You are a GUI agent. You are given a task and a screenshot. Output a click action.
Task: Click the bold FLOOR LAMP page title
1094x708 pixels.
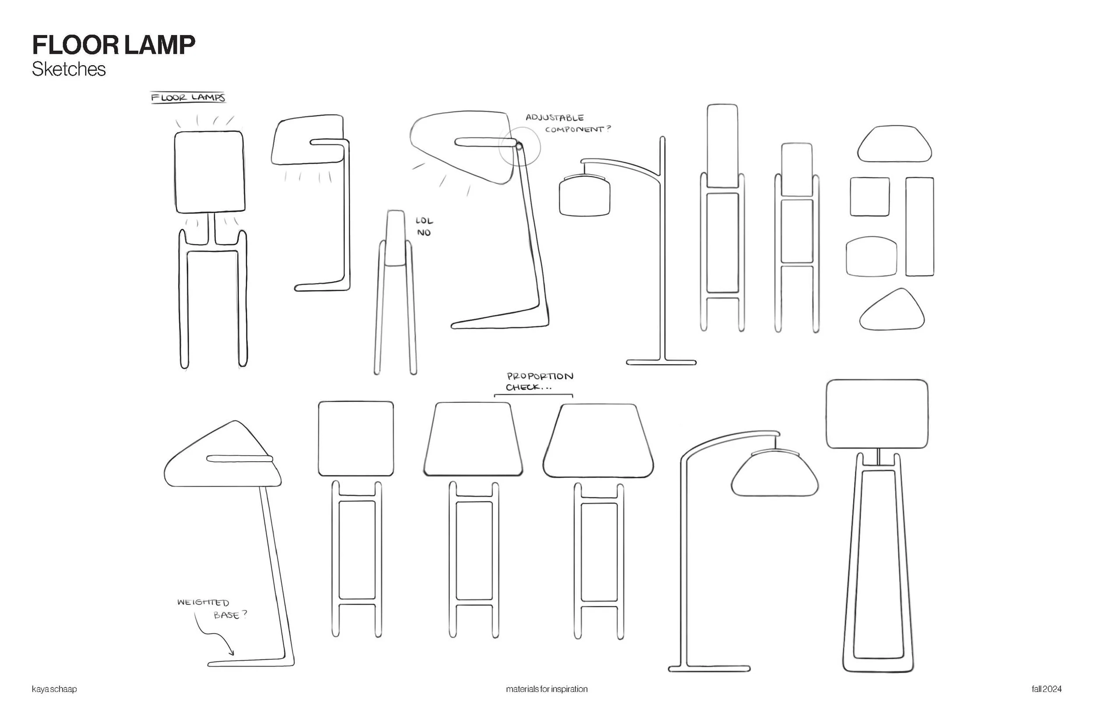113,45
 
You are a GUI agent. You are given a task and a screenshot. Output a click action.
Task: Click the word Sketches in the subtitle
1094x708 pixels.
69,69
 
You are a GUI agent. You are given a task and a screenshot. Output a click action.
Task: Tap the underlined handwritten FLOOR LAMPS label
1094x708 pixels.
188,98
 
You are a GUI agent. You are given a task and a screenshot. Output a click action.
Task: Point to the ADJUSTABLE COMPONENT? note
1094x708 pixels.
568,123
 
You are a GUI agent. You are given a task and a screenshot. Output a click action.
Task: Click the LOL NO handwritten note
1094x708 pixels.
424,227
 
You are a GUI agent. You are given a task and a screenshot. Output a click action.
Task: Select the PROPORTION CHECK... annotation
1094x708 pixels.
539,382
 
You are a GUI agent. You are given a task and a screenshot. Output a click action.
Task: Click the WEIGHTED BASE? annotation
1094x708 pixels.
212,608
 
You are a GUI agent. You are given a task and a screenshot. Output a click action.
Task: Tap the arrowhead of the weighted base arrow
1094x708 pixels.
231,653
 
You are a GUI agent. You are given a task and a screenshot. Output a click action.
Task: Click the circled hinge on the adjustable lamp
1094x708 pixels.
519,147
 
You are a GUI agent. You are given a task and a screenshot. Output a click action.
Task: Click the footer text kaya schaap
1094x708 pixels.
54,689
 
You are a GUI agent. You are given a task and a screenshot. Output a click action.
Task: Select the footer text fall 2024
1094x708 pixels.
1046,689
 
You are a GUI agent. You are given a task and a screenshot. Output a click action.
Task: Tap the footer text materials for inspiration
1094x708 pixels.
547,689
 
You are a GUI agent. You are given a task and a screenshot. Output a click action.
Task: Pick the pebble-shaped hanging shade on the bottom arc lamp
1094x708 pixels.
775,474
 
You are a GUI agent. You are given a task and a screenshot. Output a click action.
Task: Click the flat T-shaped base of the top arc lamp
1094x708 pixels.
661,362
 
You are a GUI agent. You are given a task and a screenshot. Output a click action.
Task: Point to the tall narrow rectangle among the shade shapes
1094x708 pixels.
919,227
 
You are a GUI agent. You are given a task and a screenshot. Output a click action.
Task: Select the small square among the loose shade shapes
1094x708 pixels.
869,197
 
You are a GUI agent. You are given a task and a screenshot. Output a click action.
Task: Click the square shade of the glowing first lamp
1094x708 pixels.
209,172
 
